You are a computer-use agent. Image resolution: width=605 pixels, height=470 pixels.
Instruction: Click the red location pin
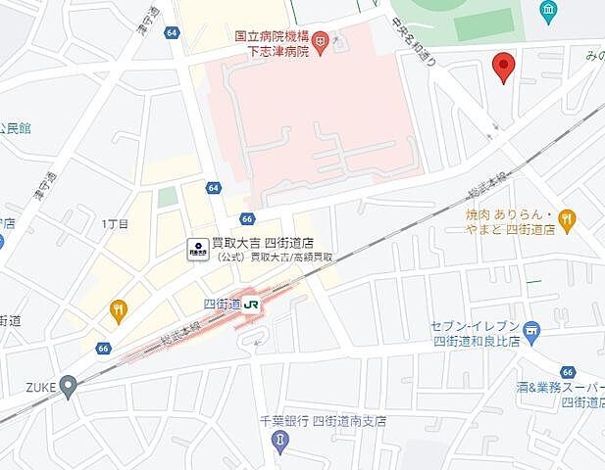click(504, 66)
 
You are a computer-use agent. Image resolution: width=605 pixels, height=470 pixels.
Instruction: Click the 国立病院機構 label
click(270, 35)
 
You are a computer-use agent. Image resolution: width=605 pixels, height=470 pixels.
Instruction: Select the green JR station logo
click(252, 305)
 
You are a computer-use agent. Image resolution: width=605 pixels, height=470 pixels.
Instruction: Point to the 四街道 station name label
click(221, 305)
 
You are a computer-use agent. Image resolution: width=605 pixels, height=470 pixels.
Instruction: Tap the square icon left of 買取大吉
click(197, 248)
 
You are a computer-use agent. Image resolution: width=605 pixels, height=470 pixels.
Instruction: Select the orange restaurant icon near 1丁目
click(119, 310)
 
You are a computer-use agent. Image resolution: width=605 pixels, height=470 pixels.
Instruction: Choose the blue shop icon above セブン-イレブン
click(531, 331)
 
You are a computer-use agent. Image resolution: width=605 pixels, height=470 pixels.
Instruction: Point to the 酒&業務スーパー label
click(560, 388)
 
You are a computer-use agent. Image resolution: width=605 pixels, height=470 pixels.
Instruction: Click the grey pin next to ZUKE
click(68, 386)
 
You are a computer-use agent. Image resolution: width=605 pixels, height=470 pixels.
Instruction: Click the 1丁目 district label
click(115, 224)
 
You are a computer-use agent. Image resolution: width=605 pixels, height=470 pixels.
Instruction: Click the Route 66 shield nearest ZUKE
click(104, 348)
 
